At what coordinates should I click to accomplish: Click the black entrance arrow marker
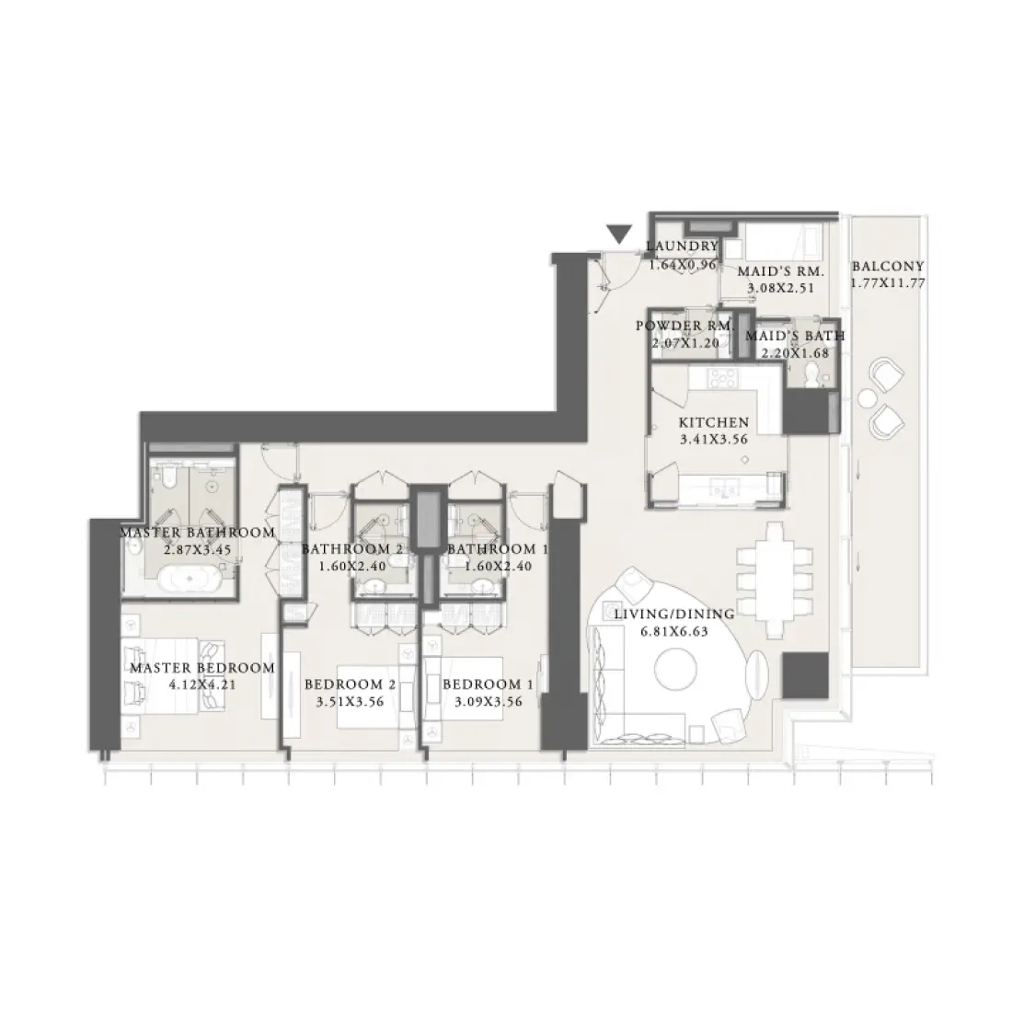pyautogui.click(x=621, y=235)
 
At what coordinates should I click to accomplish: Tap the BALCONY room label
pyautogui.click(x=888, y=267)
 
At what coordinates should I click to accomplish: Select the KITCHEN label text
pyautogui.click(x=713, y=422)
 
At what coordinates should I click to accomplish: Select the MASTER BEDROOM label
pyautogui.click(x=201, y=668)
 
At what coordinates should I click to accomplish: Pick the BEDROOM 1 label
pyautogui.click(x=488, y=684)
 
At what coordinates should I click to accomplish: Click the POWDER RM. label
pyautogui.click(x=684, y=327)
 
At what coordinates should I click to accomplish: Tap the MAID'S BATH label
pyautogui.click(x=794, y=336)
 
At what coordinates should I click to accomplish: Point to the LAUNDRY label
pyautogui.click(x=682, y=247)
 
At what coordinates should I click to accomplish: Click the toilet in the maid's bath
pyautogui.click(x=811, y=374)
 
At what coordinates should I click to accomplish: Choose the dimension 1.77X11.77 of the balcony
pyautogui.click(x=888, y=283)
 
